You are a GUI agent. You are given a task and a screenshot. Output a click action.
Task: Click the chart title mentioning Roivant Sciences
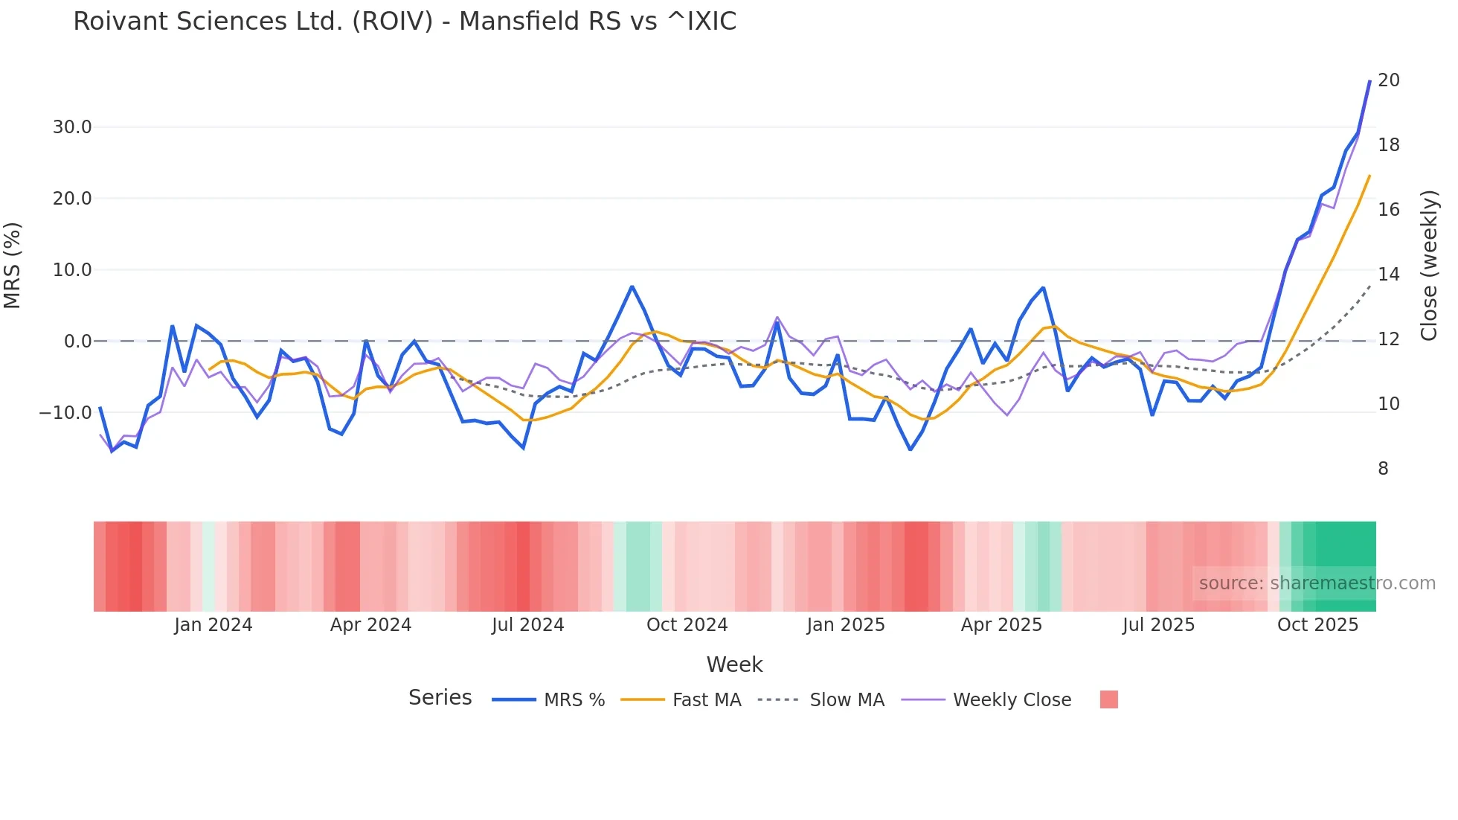tap(405, 22)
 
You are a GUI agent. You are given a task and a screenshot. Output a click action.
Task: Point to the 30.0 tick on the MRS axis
tap(72, 127)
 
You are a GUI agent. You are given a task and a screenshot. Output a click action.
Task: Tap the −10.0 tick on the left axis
tap(65, 412)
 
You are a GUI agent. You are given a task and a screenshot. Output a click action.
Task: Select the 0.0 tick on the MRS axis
tap(78, 342)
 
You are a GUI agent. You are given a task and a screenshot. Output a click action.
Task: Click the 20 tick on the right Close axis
tap(1388, 80)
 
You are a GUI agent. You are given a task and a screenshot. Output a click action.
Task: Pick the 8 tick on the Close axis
tap(1383, 469)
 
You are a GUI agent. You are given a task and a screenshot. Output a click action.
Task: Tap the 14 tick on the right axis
tap(1388, 275)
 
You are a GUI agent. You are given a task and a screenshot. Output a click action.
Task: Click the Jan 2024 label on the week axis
tap(213, 625)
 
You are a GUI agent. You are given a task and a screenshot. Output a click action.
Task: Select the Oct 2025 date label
tap(1317, 625)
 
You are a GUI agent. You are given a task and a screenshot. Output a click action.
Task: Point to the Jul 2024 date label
tap(527, 625)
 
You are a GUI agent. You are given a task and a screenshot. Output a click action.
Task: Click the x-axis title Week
tap(734, 664)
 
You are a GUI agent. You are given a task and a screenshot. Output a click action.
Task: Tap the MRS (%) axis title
tap(13, 266)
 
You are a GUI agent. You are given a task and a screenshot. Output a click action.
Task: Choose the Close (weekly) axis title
tap(1428, 266)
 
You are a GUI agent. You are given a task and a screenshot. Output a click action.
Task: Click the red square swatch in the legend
tap(1108, 699)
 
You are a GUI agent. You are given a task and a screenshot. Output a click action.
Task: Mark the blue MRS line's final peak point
tap(1369, 81)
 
